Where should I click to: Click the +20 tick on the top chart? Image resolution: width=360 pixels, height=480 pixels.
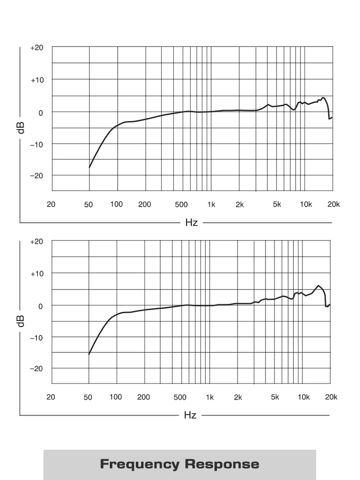[x=37, y=48]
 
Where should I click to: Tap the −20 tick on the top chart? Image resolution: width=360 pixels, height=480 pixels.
[x=37, y=175]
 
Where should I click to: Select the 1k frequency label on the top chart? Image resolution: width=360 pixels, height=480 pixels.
[x=211, y=204]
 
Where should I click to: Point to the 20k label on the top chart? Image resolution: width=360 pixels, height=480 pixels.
[x=334, y=204]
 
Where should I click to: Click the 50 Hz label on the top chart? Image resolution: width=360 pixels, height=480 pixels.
[x=88, y=204]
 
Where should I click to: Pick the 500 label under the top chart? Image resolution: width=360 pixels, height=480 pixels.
[x=181, y=204]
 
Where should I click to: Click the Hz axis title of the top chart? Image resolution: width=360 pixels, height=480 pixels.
[x=191, y=223]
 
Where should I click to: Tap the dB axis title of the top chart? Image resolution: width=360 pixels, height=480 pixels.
[x=21, y=127]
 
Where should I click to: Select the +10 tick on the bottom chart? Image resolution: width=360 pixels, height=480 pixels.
[x=36, y=273]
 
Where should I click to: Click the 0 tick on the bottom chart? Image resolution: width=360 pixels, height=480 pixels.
[x=40, y=305]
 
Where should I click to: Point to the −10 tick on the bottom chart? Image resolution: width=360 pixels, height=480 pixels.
[x=36, y=337]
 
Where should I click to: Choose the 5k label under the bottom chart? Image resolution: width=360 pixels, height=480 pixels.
[x=275, y=397]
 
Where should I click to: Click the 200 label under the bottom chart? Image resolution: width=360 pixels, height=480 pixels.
[x=144, y=397]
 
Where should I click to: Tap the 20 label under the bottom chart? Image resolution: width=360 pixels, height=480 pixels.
[x=50, y=397]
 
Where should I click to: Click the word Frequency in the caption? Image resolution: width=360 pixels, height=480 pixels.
[x=139, y=464]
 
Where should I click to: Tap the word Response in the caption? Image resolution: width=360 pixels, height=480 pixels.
[x=222, y=464]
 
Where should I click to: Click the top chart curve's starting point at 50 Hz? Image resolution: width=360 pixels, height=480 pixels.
[x=89, y=167]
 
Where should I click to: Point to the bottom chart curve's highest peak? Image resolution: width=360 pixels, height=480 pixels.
[x=318, y=286]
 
